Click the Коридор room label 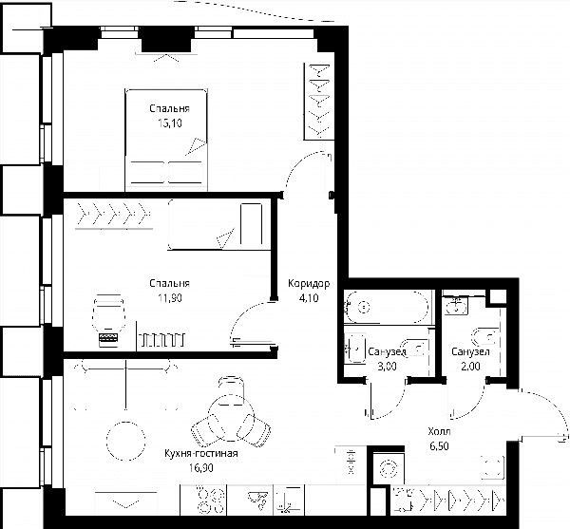pyautogui.click(x=309, y=283)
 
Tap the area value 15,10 pyautogui.click(x=170, y=123)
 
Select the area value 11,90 pyautogui.click(x=170, y=298)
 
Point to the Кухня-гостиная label pyautogui.click(x=201, y=453)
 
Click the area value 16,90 pyautogui.click(x=201, y=468)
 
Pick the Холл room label pyautogui.click(x=439, y=431)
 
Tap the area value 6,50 pyautogui.click(x=439, y=446)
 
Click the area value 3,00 pyautogui.click(x=387, y=367)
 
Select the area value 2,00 pyautogui.click(x=470, y=367)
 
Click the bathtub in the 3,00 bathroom pyautogui.click(x=387, y=308)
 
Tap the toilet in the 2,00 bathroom pyautogui.click(x=484, y=336)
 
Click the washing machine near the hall pyautogui.click(x=389, y=468)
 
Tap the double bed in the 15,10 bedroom pyautogui.click(x=166, y=140)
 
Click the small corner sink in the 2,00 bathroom pyautogui.click(x=455, y=306)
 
